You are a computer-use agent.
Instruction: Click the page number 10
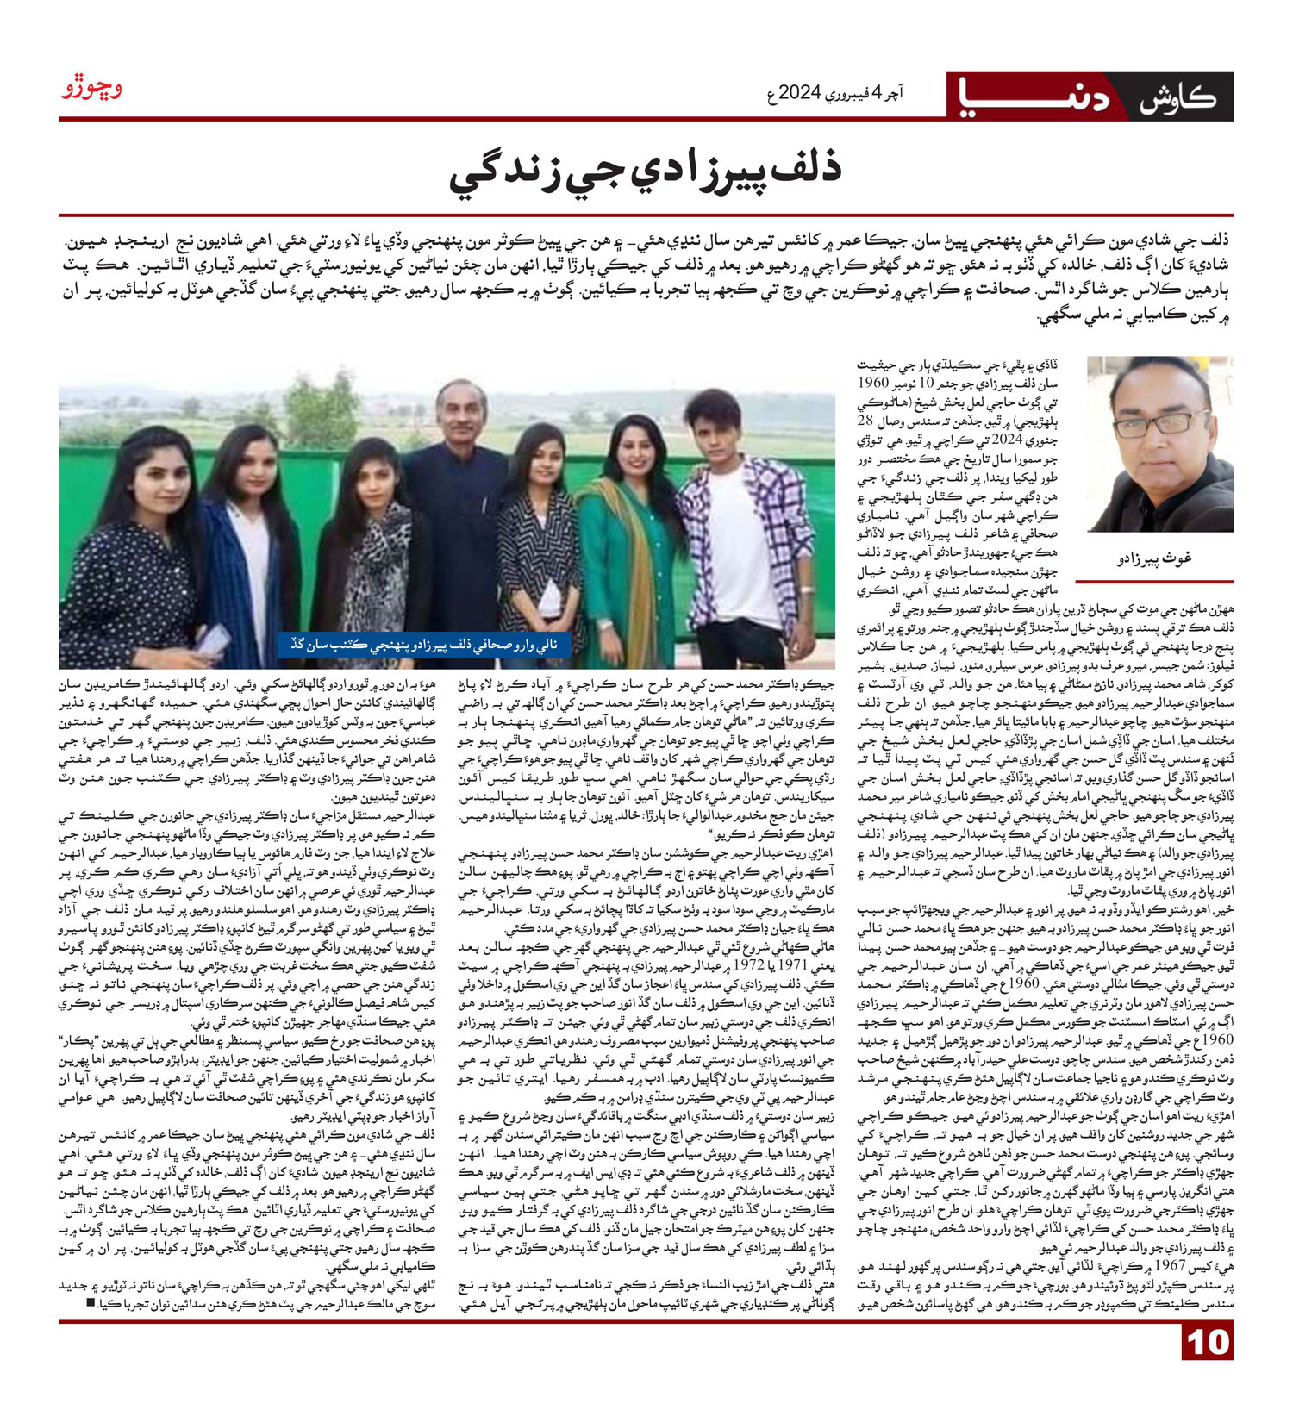click(x=1208, y=1366)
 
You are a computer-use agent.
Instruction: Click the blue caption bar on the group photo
click(x=424, y=643)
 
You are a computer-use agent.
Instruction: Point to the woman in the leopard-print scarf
click(x=373, y=552)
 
